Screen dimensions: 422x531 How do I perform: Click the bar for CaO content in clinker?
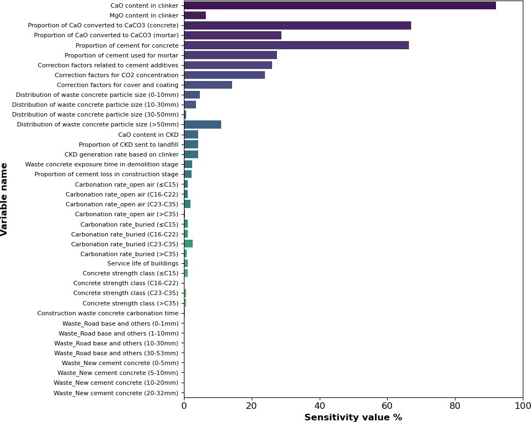pyautogui.click(x=339, y=5)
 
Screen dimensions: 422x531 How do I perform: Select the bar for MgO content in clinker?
pyautogui.click(x=195, y=15)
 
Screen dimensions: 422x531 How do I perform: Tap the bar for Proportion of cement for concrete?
pyautogui.click(x=296, y=45)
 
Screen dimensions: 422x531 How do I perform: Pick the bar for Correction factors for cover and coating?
pyautogui.click(x=208, y=85)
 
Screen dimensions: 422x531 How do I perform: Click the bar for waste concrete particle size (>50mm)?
pyautogui.click(x=203, y=124)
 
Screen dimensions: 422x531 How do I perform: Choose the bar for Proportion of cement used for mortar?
pyautogui.click(x=230, y=55)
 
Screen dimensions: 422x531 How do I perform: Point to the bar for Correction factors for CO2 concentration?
pyautogui.click(x=224, y=75)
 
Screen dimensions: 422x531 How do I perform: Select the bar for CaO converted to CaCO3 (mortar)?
pyautogui.click(x=233, y=35)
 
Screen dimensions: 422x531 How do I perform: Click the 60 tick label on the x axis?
pyautogui.click(x=387, y=406)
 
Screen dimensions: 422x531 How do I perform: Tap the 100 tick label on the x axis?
pyautogui.click(x=522, y=406)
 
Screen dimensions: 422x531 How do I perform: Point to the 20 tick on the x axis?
pyautogui.click(x=252, y=398)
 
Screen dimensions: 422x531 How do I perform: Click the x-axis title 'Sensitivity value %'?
pyautogui.click(x=353, y=418)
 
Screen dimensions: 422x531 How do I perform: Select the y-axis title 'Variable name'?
pyautogui.click(x=5, y=199)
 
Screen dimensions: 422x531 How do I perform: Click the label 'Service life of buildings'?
pyautogui.click(x=143, y=263)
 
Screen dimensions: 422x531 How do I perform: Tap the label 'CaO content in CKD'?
pyautogui.click(x=148, y=135)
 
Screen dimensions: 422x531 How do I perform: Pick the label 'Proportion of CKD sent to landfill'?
pyautogui.click(x=129, y=144)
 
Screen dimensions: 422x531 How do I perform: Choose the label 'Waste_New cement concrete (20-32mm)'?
pyautogui.click(x=116, y=392)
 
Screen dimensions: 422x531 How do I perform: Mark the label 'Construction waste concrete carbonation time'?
pyautogui.click(x=108, y=313)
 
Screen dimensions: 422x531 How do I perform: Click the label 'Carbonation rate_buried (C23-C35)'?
pyautogui.click(x=125, y=244)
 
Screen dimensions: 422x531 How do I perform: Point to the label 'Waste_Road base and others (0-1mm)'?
pyautogui.click(x=120, y=323)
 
